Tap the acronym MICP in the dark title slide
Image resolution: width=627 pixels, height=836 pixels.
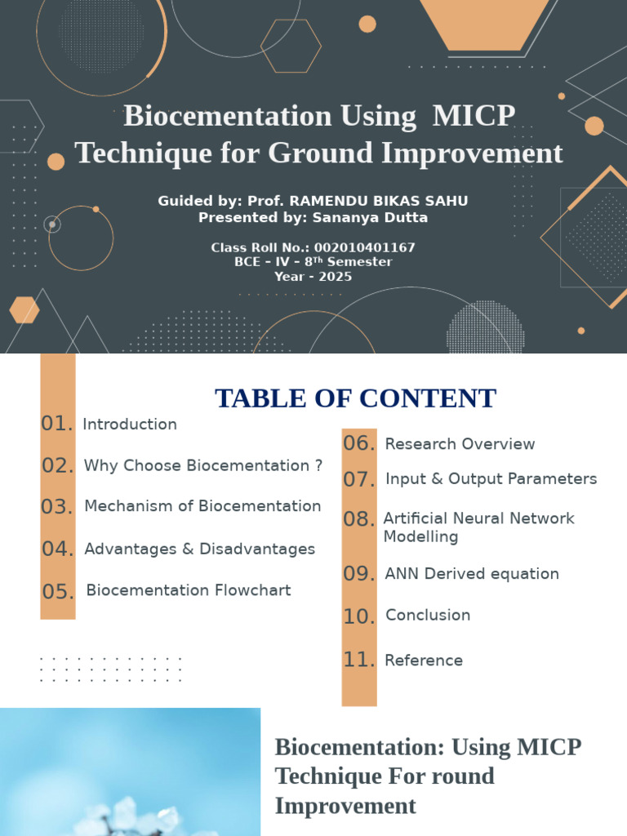[x=474, y=116]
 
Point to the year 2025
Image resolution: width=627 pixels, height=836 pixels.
[x=335, y=277]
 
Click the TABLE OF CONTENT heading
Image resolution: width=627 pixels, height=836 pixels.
[x=355, y=398]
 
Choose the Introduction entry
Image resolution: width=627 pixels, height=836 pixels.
[x=130, y=425]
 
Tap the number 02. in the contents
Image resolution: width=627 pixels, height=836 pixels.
[x=58, y=466]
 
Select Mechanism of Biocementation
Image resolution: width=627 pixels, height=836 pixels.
[x=202, y=506]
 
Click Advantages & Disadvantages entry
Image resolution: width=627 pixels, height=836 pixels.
[x=199, y=549]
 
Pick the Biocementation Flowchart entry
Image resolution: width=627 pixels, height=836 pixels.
[x=189, y=590]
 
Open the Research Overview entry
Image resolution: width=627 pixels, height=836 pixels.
[x=460, y=444]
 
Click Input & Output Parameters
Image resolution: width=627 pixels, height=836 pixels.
[x=491, y=479]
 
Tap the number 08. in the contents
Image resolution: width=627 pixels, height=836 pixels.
[x=358, y=519]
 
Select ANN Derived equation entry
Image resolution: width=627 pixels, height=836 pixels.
[x=472, y=574]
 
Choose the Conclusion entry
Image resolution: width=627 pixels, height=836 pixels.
[x=428, y=616]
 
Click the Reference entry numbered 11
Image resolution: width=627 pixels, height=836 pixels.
[x=424, y=660]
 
